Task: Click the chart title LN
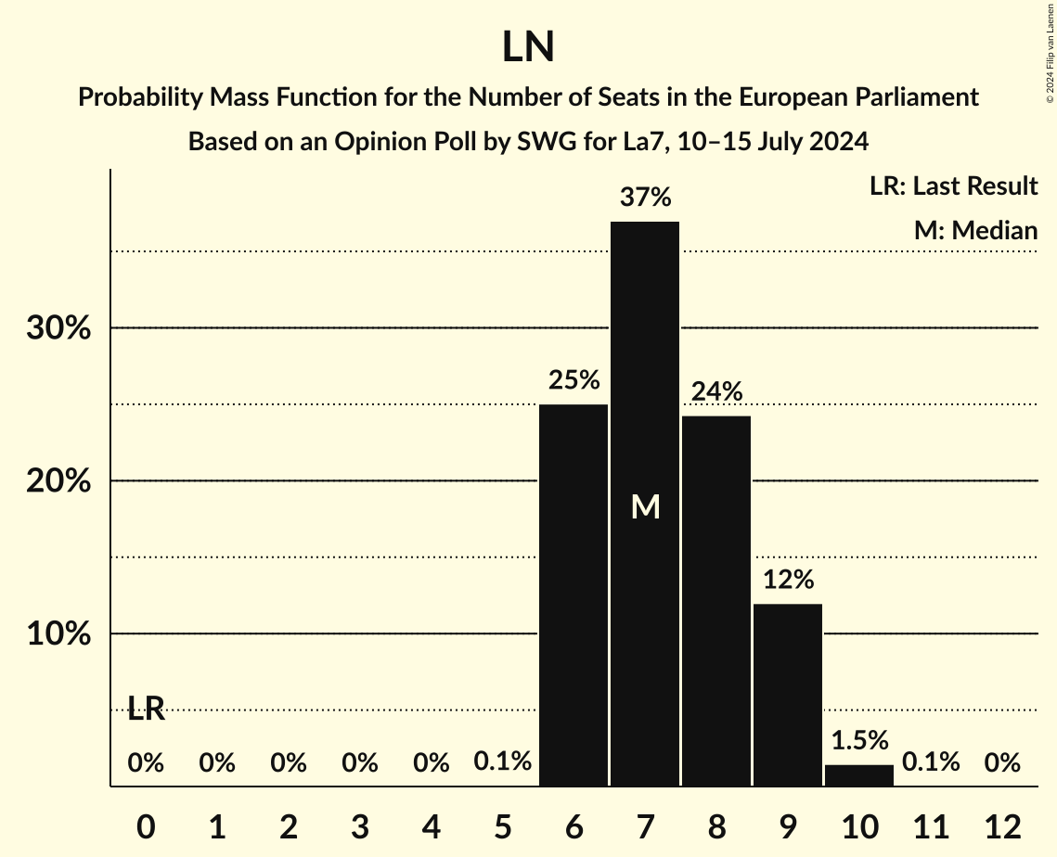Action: coord(528,47)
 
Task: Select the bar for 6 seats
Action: coord(574,595)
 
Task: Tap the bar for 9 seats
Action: coord(788,695)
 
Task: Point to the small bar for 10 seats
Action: coord(859,775)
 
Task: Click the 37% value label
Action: coord(645,198)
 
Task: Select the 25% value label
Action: coord(574,380)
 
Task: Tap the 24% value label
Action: coord(716,392)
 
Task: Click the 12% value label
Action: coord(788,581)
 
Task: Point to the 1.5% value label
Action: coord(859,740)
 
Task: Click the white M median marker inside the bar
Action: coord(645,506)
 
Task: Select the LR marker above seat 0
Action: coord(146,710)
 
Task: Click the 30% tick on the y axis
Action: coord(58,328)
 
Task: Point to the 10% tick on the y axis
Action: coord(58,634)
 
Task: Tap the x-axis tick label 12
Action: coord(1002,825)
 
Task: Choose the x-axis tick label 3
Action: coord(360,825)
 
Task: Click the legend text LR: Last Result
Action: coord(953,186)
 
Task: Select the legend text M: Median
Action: coord(975,231)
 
